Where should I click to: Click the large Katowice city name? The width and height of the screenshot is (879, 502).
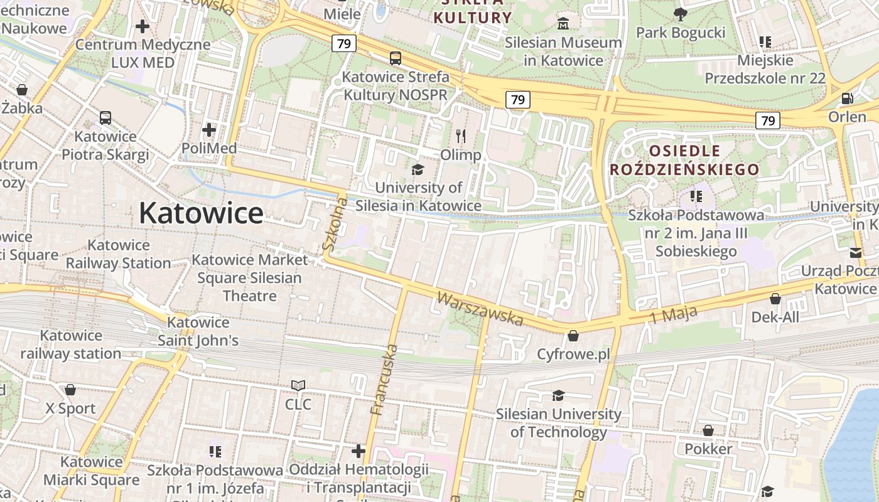pyautogui.click(x=201, y=213)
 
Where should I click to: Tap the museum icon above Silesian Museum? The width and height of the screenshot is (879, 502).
pyautogui.click(x=564, y=24)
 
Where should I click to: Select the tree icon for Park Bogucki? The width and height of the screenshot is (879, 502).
pyautogui.click(x=680, y=14)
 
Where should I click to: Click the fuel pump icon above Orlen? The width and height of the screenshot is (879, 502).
pyautogui.click(x=847, y=98)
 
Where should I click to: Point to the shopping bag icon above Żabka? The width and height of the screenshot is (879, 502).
pyautogui.click(x=22, y=90)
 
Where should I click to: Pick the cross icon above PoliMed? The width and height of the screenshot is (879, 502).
pyautogui.click(x=209, y=130)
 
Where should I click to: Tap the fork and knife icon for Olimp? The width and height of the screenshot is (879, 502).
pyautogui.click(x=461, y=136)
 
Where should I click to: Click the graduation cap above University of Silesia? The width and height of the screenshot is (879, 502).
pyautogui.click(x=418, y=169)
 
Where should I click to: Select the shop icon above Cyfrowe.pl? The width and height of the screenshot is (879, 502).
pyautogui.click(x=573, y=336)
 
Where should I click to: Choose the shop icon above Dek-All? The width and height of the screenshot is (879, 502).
pyautogui.click(x=775, y=299)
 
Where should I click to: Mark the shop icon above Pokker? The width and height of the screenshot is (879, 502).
pyautogui.click(x=708, y=430)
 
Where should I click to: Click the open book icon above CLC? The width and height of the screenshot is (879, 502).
pyautogui.click(x=298, y=385)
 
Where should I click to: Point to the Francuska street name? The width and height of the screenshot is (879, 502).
pyautogui.click(x=385, y=380)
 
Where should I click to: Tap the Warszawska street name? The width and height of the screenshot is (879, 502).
pyautogui.click(x=480, y=309)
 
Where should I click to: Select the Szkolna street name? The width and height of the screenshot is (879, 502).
pyautogui.click(x=335, y=225)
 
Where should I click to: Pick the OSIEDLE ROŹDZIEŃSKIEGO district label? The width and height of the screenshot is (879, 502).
pyautogui.click(x=684, y=160)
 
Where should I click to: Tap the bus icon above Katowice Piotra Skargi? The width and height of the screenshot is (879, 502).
pyautogui.click(x=105, y=118)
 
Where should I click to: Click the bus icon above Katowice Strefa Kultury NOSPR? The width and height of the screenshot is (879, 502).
pyautogui.click(x=396, y=58)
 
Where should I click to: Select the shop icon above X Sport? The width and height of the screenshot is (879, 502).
pyautogui.click(x=70, y=390)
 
